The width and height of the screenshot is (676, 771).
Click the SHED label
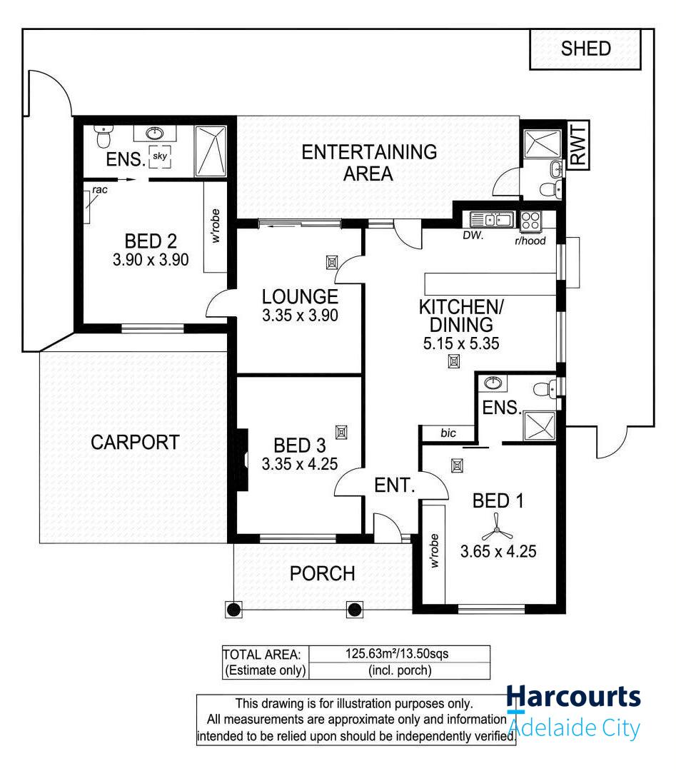pos(585,49)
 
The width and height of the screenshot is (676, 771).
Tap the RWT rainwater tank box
pos(578,145)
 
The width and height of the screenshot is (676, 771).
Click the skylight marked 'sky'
pos(160,156)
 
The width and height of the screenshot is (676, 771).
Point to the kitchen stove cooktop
pos(530,220)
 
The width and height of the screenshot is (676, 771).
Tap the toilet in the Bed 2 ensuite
pos(103,136)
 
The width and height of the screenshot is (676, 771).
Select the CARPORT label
pos(135,443)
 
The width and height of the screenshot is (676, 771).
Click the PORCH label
pos(322,574)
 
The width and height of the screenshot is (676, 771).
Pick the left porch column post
pos(233,610)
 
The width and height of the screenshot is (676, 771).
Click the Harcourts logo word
pos(573,697)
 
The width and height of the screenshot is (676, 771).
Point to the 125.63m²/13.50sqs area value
pos(397,654)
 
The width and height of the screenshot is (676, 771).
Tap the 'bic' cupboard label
pos(448,433)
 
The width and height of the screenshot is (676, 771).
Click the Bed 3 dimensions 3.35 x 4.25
pos(299,464)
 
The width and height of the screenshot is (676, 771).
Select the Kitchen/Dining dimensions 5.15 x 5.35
pos(460,343)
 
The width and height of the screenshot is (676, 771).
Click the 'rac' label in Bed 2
pos(100,190)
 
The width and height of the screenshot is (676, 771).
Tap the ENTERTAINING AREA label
pos(369,163)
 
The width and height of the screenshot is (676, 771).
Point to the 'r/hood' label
pos(530,241)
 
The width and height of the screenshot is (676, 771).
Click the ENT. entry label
pos(394,485)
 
